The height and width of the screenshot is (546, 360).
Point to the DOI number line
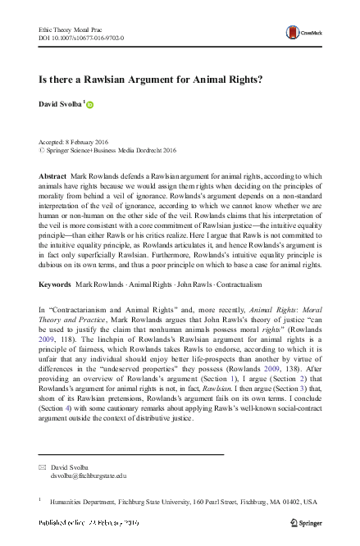point(81,38)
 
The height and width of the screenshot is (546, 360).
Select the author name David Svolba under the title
point(60,104)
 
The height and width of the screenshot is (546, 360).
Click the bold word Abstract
point(54,177)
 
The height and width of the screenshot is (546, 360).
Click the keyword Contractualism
point(244,284)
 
